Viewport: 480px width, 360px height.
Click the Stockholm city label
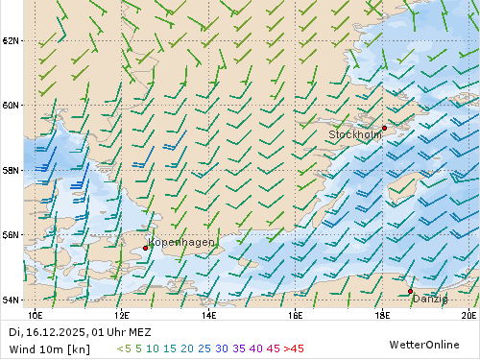coord(354,135)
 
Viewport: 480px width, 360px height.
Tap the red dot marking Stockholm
coord(384,128)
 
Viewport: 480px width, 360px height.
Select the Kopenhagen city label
coord(181,242)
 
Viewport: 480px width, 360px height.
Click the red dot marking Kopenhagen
coord(145,248)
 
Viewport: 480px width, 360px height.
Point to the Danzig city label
coord(429,299)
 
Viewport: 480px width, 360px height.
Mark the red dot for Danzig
coord(410,291)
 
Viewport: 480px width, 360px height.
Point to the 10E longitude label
coord(36,314)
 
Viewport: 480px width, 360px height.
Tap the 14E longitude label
coord(208,314)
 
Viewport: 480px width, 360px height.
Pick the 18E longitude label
coord(381,314)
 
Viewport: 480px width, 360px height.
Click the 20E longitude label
coord(468,314)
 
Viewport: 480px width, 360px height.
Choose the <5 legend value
coord(124,348)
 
